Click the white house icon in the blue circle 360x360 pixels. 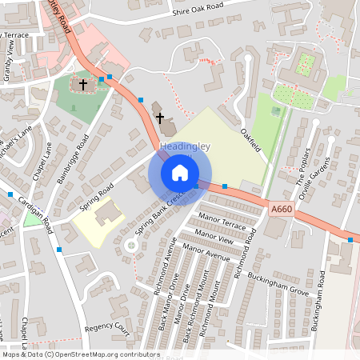(x=180, y=173)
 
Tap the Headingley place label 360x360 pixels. (x=185, y=146)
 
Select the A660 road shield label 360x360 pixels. (x=282, y=209)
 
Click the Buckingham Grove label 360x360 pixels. (x=282, y=285)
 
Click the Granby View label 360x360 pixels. (x=10, y=58)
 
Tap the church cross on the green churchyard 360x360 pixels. (x=82, y=83)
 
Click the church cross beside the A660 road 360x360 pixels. (x=159, y=117)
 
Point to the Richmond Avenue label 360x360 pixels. (x=164, y=273)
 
